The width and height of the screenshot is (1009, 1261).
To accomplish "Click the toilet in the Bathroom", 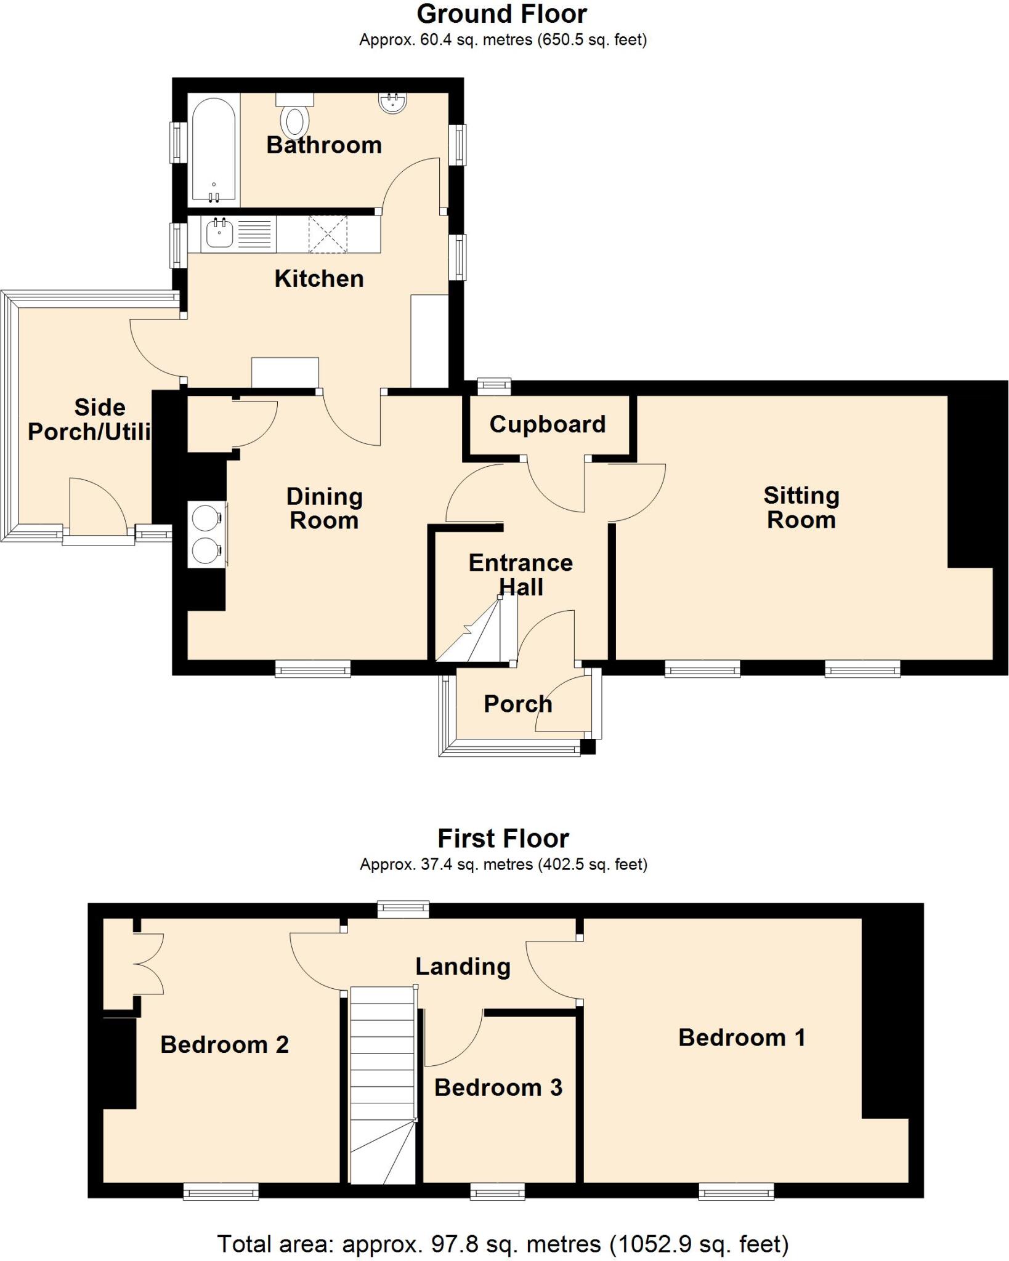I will click(x=295, y=118).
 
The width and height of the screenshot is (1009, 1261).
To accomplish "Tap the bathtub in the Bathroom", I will click(x=213, y=150).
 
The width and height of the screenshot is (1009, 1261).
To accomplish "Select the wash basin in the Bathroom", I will click(x=392, y=103).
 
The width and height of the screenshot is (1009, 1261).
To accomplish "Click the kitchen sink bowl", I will click(x=219, y=234).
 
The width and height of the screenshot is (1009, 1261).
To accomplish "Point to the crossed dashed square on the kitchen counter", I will click(x=328, y=234).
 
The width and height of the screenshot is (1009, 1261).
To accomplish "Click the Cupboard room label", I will click(x=548, y=424).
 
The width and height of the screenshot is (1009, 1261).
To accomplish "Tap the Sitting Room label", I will click(x=801, y=507).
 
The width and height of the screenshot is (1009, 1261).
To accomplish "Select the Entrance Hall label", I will click(x=521, y=574).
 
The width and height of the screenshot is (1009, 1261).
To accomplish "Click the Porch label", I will click(x=517, y=704).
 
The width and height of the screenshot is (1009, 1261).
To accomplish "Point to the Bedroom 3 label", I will click(x=498, y=1088).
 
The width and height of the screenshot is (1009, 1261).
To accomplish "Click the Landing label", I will click(x=463, y=967).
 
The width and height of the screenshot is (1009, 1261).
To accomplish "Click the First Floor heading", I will click(x=503, y=839).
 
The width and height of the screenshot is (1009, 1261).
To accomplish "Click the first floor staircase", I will click(x=383, y=1084).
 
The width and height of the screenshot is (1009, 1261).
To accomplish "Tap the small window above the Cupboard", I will click(x=494, y=386).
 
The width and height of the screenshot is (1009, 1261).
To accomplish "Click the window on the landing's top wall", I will click(x=403, y=909).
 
